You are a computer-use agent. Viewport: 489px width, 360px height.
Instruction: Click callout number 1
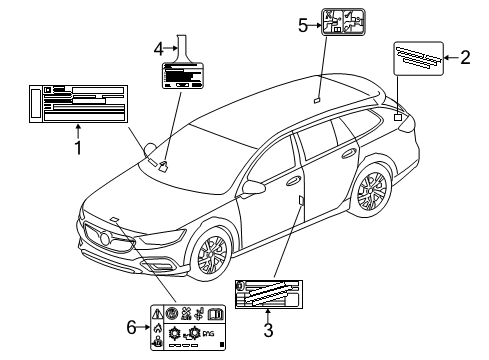tap(77, 149)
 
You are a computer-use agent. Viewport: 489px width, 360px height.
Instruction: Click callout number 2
tap(464, 58)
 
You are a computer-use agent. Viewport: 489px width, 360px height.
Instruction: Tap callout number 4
tap(158, 47)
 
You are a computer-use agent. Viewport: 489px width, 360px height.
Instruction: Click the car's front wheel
tap(213, 256)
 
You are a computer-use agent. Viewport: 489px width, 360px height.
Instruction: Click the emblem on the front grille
tap(99, 237)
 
